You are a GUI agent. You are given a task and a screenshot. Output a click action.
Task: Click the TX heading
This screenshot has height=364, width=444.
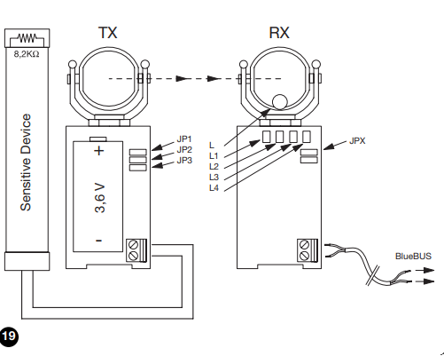pos(108,33)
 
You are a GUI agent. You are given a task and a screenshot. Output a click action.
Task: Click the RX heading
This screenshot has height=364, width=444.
pos(279,33)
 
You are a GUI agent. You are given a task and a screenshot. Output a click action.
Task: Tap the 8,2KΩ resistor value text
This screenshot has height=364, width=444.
pos(27,54)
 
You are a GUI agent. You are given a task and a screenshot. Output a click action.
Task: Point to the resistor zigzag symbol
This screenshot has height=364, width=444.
pos(27,38)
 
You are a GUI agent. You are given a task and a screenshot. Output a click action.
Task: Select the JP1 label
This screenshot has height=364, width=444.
pos(184,138)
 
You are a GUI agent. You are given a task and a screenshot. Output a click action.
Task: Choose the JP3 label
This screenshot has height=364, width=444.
pos(184,161)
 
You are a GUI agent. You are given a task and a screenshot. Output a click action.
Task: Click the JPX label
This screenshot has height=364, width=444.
pos(357,141)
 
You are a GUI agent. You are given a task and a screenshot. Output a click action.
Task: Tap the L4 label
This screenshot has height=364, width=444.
pos(214,188)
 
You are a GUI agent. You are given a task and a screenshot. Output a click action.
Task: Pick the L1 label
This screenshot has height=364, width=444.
pos(214,156)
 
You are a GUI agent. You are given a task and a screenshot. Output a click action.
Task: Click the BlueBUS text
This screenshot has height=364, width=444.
pos(413,256)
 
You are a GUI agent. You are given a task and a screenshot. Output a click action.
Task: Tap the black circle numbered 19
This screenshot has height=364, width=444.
pos(9,336)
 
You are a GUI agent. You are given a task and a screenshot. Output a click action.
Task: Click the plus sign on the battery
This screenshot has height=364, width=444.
pos(99,151)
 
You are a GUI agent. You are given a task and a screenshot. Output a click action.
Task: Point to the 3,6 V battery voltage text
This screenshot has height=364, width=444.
pos(100,198)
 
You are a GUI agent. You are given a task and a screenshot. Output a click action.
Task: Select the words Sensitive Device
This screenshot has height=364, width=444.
pos(26,162)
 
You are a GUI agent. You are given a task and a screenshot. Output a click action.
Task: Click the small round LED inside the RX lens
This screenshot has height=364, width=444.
pos(279,102)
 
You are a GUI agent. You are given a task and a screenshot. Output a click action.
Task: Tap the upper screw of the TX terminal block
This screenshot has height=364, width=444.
pos(133,245)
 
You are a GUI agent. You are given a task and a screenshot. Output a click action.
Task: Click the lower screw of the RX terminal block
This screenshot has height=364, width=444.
pos(304,256)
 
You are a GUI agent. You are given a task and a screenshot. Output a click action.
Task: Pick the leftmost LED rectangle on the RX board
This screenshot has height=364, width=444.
pos(266,137)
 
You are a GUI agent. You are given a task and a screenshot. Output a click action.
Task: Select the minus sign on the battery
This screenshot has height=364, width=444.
pos(99,241)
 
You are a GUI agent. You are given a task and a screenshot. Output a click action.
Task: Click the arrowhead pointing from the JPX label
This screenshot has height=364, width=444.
pos(329,146)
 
